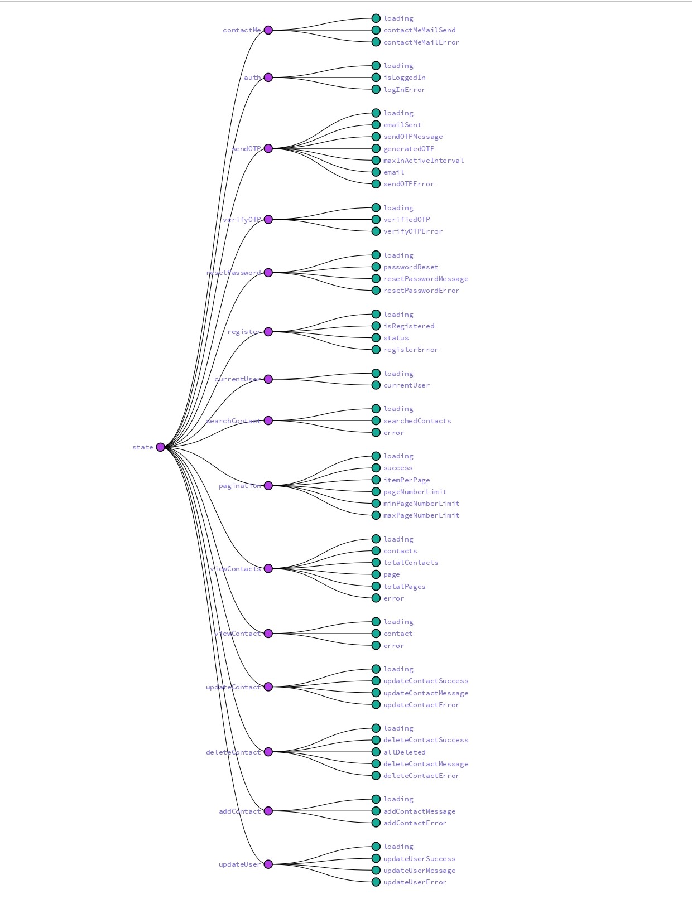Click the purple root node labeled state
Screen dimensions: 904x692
pyautogui.click(x=161, y=447)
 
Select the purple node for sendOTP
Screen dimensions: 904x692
pyautogui.click(x=268, y=148)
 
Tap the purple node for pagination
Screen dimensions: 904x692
pyautogui.click(x=268, y=486)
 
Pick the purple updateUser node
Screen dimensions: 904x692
pyautogui.click(x=268, y=864)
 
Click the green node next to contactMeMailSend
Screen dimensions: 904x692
pyautogui.click(x=376, y=30)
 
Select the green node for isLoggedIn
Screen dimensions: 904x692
pyautogui.click(x=376, y=78)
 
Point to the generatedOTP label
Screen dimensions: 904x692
pyautogui.click(x=409, y=149)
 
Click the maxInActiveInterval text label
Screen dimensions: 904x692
pyautogui.click(x=424, y=161)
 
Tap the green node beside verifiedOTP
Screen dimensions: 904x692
pyautogui.click(x=376, y=220)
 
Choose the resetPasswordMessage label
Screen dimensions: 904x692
pyautogui.click(x=426, y=279)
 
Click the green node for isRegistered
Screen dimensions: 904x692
pyautogui.click(x=376, y=326)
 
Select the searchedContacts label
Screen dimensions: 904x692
pyautogui.click(x=417, y=421)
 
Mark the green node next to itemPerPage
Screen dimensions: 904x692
pyautogui.click(x=376, y=480)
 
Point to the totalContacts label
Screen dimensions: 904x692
pyautogui.click(x=411, y=563)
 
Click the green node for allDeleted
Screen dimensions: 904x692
pyautogui.click(x=376, y=752)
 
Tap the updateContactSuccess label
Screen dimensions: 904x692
pyautogui.click(x=426, y=681)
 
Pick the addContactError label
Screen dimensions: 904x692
pyautogui.click(x=415, y=823)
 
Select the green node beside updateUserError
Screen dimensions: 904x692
pyautogui.click(x=376, y=882)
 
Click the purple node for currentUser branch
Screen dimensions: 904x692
pyautogui.click(x=268, y=379)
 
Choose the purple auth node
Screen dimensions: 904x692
pyautogui.click(x=268, y=78)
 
